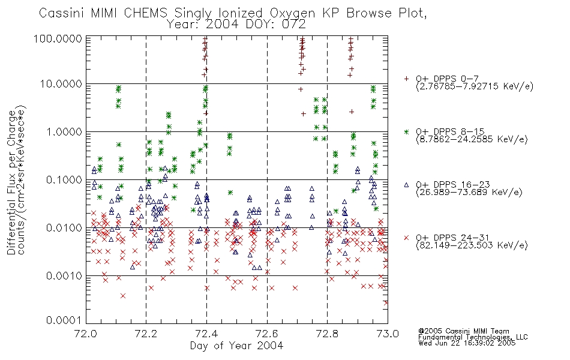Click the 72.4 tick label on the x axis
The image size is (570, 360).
[207, 334]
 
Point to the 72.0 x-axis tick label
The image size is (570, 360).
[86, 334]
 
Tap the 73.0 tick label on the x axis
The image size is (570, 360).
[388, 334]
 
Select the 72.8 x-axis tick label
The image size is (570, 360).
[327, 334]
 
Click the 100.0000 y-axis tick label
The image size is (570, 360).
[58, 38]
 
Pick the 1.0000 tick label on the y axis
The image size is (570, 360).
[64, 131]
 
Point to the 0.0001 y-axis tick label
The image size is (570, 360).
[64, 320]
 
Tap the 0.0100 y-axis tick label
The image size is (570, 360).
[64, 228]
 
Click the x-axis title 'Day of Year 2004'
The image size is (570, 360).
[236, 346]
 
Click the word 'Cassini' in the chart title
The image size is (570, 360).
[62, 13]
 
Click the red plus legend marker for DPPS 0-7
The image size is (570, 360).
[406, 79]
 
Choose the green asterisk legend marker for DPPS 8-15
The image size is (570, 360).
[406, 131]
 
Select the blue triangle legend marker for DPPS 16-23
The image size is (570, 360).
[406, 185]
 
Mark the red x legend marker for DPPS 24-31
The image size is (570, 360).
[406, 238]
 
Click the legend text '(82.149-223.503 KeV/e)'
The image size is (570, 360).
[472, 245]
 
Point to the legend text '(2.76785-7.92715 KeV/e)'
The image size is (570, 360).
[475, 86]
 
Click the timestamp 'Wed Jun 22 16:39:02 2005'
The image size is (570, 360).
[467, 343]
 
